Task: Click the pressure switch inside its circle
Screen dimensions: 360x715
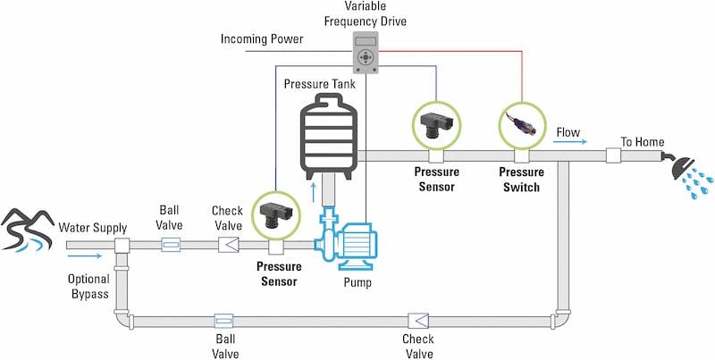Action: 521,125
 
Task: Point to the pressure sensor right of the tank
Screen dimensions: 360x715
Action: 434,125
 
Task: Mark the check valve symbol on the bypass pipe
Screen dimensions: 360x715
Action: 417,319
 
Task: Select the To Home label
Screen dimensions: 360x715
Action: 642,141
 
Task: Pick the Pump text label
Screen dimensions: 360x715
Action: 357,283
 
